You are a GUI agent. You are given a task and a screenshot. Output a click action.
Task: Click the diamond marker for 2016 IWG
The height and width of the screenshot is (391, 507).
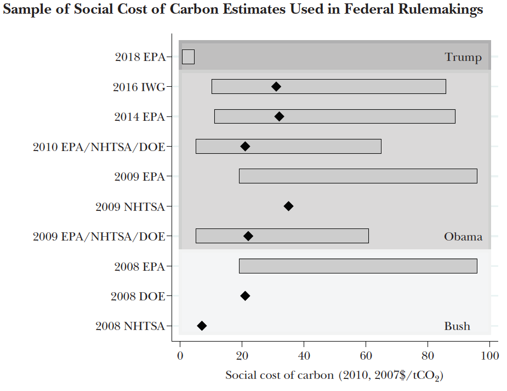click(276, 87)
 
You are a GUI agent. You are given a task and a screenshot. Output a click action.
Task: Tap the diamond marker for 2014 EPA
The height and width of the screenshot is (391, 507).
click(279, 116)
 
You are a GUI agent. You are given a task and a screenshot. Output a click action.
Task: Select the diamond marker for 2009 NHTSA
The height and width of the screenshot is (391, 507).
click(288, 206)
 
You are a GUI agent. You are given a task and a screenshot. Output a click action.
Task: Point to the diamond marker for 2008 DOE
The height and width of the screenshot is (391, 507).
click(245, 296)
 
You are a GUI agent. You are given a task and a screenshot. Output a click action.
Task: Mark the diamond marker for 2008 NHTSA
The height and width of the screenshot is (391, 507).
click(202, 326)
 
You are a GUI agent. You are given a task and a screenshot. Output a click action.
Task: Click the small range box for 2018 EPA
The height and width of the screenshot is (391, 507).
click(188, 57)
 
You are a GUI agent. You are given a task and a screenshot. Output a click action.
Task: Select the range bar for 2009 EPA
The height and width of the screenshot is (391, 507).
click(358, 176)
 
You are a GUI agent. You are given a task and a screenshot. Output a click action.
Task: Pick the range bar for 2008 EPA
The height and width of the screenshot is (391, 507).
click(358, 266)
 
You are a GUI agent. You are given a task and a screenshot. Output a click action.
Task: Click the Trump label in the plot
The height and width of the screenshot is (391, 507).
click(463, 57)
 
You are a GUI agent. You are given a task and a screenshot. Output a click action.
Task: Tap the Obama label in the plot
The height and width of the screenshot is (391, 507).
click(463, 237)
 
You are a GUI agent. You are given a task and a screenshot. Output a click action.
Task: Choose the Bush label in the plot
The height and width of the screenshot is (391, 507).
click(457, 326)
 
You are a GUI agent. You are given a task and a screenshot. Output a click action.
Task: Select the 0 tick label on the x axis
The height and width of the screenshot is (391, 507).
click(180, 355)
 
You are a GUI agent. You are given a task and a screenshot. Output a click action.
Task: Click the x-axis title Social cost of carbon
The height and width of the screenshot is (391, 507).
click(334, 376)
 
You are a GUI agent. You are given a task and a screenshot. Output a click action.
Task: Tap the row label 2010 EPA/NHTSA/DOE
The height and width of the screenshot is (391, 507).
click(99, 147)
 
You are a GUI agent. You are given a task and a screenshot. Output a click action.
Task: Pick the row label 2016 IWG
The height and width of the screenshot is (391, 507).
click(139, 87)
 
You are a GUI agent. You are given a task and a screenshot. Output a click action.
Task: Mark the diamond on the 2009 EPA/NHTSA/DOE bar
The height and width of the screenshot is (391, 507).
click(248, 236)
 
